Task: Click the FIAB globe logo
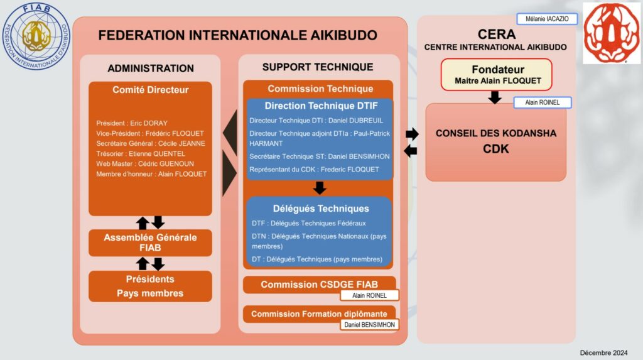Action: click(36, 36)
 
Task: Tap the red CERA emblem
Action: click(612, 33)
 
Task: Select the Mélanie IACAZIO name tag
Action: click(547, 19)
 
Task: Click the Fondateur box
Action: click(497, 74)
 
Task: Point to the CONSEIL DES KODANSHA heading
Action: click(496, 133)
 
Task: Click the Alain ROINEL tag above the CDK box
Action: click(543, 102)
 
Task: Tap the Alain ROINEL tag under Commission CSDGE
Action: click(369, 295)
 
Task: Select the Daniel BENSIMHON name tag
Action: click(369, 325)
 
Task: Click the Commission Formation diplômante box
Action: click(320, 314)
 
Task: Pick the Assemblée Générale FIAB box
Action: click(150, 243)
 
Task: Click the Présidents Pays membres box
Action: click(150, 286)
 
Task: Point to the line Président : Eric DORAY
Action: click(132, 123)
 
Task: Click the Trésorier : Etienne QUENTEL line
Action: click(140, 153)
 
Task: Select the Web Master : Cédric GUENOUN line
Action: click(145, 164)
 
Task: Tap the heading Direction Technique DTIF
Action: click(321, 106)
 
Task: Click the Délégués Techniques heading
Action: click(321, 209)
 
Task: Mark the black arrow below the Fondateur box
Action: click(495, 97)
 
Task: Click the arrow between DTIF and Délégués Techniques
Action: click(320, 188)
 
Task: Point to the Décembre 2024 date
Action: click(603, 352)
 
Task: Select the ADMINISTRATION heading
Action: click(151, 68)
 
